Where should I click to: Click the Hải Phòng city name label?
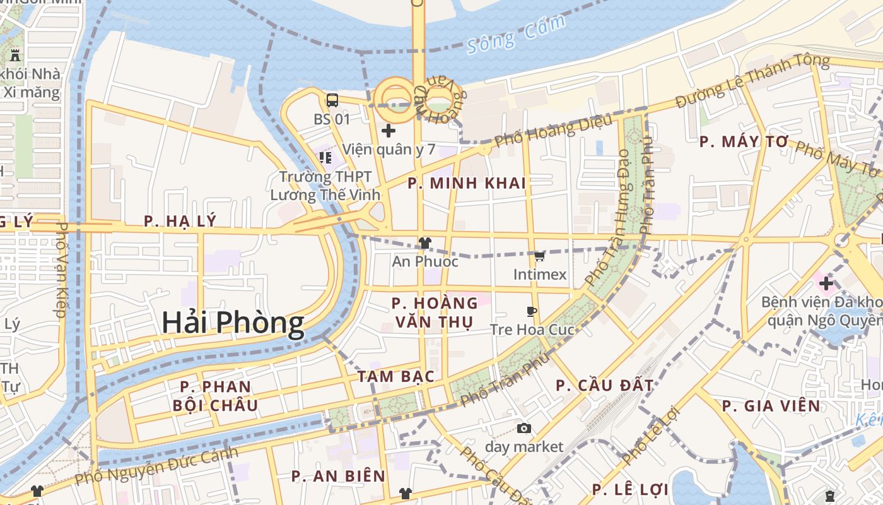[x=233, y=323]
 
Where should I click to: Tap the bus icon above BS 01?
[x=332, y=100]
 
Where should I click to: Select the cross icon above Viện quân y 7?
[x=389, y=131]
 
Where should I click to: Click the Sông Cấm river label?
[x=517, y=35]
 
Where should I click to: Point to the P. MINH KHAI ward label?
[x=466, y=184]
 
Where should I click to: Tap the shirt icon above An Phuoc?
[x=424, y=243]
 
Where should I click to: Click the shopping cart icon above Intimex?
[x=539, y=256]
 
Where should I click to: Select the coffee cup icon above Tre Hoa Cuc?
[x=532, y=311]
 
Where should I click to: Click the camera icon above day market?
[x=523, y=429]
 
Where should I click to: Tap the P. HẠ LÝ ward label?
[x=180, y=221]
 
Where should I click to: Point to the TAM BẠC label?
[x=396, y=377]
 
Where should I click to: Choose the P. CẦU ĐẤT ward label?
[x=604, y=385]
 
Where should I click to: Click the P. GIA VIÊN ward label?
[x=771, y=406]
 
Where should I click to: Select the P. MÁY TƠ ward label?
[x=744, y=142]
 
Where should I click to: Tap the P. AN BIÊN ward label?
[x=338, y=477]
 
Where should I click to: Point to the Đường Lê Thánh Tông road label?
[x=752, y=81]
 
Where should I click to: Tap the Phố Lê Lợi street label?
[x=649, y=436]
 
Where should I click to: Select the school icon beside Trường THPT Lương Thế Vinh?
[x=325, y=157]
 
